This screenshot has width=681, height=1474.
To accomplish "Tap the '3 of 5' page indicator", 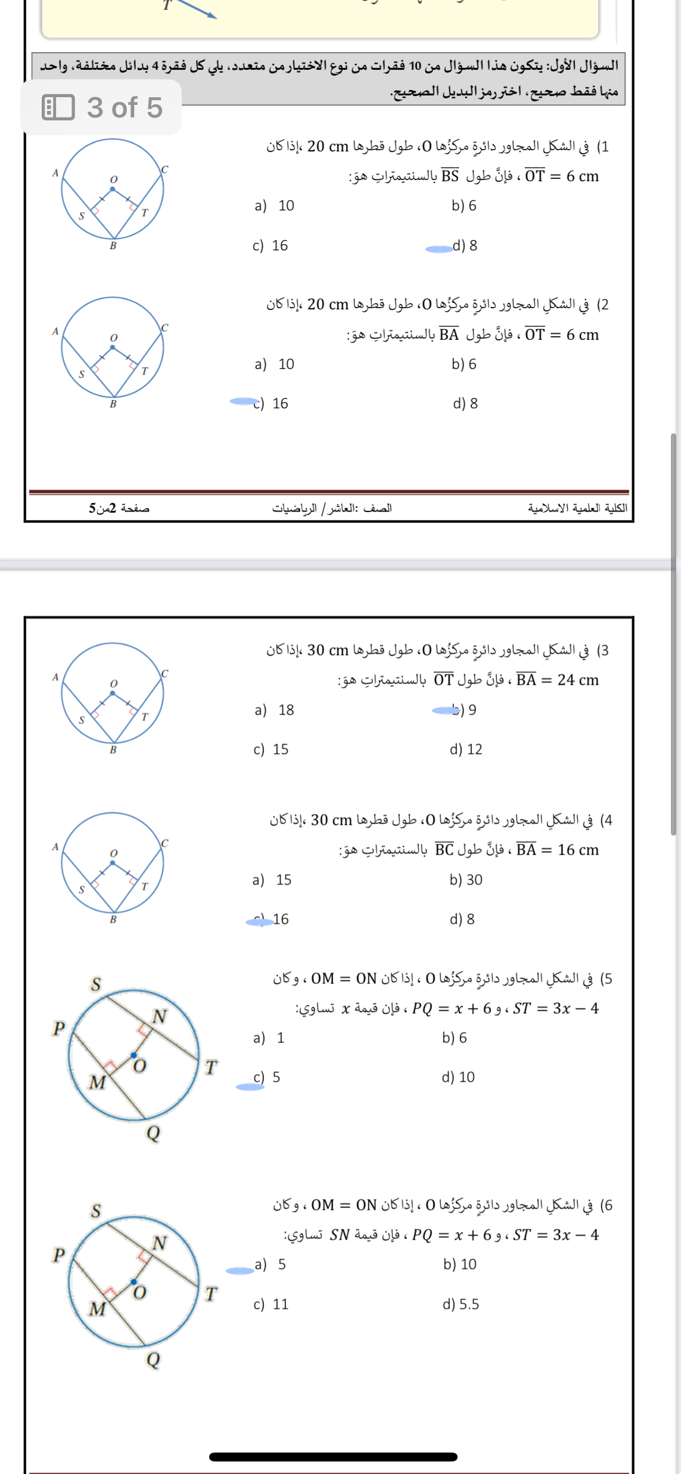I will pyautogui.click(x=101, y=108).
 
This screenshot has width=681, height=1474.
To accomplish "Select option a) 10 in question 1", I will pyautogui.click(x=274, y=206).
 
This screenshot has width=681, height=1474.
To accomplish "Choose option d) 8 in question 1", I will pyautogui.click(x=465, y=246).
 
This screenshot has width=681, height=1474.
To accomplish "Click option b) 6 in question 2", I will pyautogui.click(x=464, y=364).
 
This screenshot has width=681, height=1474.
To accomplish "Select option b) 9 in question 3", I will pyautogui.click(x=464, y=710).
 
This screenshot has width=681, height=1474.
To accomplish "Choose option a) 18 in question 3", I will pyautogui.click(x=274, y=710).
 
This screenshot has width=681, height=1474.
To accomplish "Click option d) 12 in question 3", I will pyautogui.click(x=465, y=749).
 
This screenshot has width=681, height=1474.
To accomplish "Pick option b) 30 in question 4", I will pyautogui.click(x=465, y=880).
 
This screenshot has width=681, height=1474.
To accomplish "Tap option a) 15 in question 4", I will pyautogui.click(x=272, y=880).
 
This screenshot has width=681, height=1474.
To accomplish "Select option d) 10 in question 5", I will pyautogui.click(x=458, y=1077).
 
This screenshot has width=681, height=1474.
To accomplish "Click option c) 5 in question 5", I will pyautogui.click(x=267, y=1077).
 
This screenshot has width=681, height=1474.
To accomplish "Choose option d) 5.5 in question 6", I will pyautogui.click(x=460, y=1304).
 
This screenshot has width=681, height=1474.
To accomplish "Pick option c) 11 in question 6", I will pyautogui.click(x=271, y=1304).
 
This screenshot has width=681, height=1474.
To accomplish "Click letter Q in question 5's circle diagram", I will pyautogui.click(x=153, y=1132).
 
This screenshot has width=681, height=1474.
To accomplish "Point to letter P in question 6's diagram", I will pyautogui.click(x=58, y=1255).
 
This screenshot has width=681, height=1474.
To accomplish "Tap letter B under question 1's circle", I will pyautogui.click(x=113, y=246).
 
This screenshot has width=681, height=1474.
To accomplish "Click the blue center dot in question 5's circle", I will pyautogui.click(x=133, y=1054).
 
